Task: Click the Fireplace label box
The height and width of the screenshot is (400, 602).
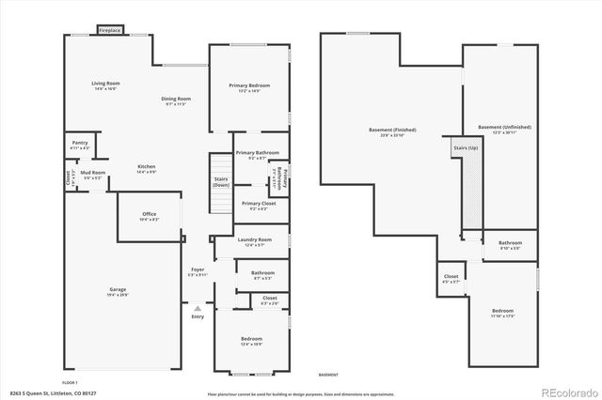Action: (110, 31)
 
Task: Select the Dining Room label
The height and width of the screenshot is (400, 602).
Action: (176, 99)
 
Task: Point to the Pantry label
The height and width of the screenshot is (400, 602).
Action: (79, 143)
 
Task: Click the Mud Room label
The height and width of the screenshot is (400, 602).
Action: (92, 173)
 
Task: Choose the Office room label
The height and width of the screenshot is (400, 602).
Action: (149, 214)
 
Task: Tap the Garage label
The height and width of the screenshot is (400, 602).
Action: (118, 290)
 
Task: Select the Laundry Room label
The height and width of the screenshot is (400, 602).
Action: (254, 239)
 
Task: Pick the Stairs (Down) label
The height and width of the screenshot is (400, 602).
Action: (220, 181)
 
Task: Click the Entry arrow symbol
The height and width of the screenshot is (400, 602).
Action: (197, 307)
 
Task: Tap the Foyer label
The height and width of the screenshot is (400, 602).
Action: (198, 269)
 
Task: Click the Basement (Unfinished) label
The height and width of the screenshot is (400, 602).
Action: (504, 127)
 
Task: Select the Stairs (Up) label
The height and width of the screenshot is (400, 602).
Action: (466, 148)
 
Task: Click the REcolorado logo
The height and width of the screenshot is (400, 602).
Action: (564, 391)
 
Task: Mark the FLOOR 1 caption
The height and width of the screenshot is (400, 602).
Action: (71, 383)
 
